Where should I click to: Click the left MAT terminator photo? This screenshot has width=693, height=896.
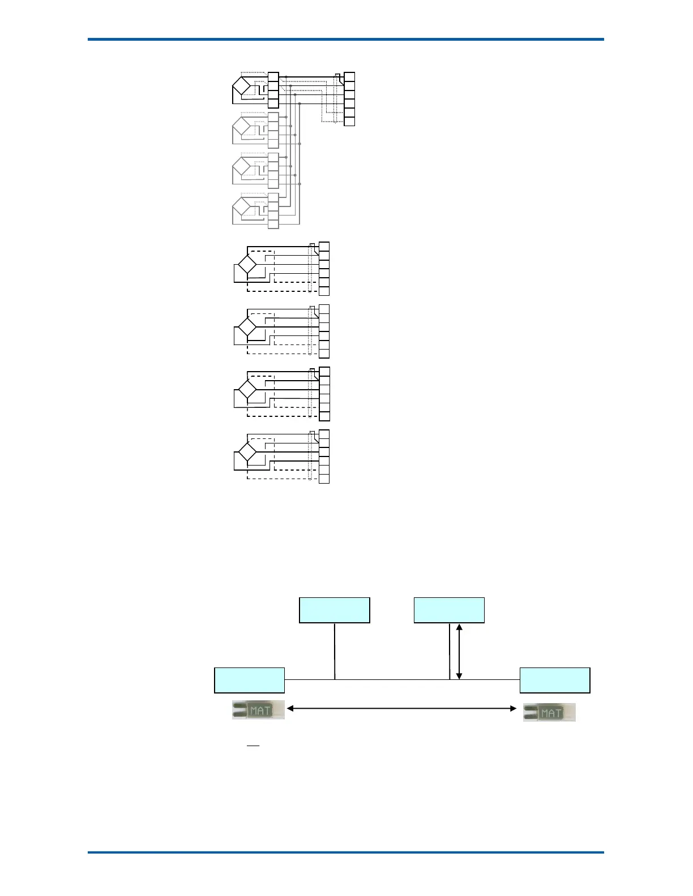click(x=258, y=710)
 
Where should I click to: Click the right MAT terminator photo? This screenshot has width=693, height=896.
click(x=549, y=712)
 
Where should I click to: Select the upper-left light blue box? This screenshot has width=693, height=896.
click(x=334, y=610)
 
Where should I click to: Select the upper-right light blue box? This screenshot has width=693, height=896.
click(x=449, y=610)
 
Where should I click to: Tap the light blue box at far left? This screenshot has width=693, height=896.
click(x=249, y=680)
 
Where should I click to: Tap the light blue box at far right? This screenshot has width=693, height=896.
click(x=555, y=680)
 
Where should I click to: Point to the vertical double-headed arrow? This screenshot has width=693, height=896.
click(x=459, y=651)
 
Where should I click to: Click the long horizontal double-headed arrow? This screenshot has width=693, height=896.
click(x=401, y=708)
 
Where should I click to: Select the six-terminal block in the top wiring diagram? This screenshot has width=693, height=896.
click(x=349, y=99)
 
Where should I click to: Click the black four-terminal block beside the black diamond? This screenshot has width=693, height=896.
click(x=273, y=90)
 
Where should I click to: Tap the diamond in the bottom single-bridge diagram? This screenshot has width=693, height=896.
click(x=247, y=453)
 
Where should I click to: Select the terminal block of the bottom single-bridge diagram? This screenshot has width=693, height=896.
click(x=324, y=456)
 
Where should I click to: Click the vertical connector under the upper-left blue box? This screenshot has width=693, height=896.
click(x=335, y=651)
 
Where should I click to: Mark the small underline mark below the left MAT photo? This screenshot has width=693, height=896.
click(x=253, y=746)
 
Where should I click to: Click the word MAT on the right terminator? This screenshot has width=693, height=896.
click(x=551, y=713)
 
